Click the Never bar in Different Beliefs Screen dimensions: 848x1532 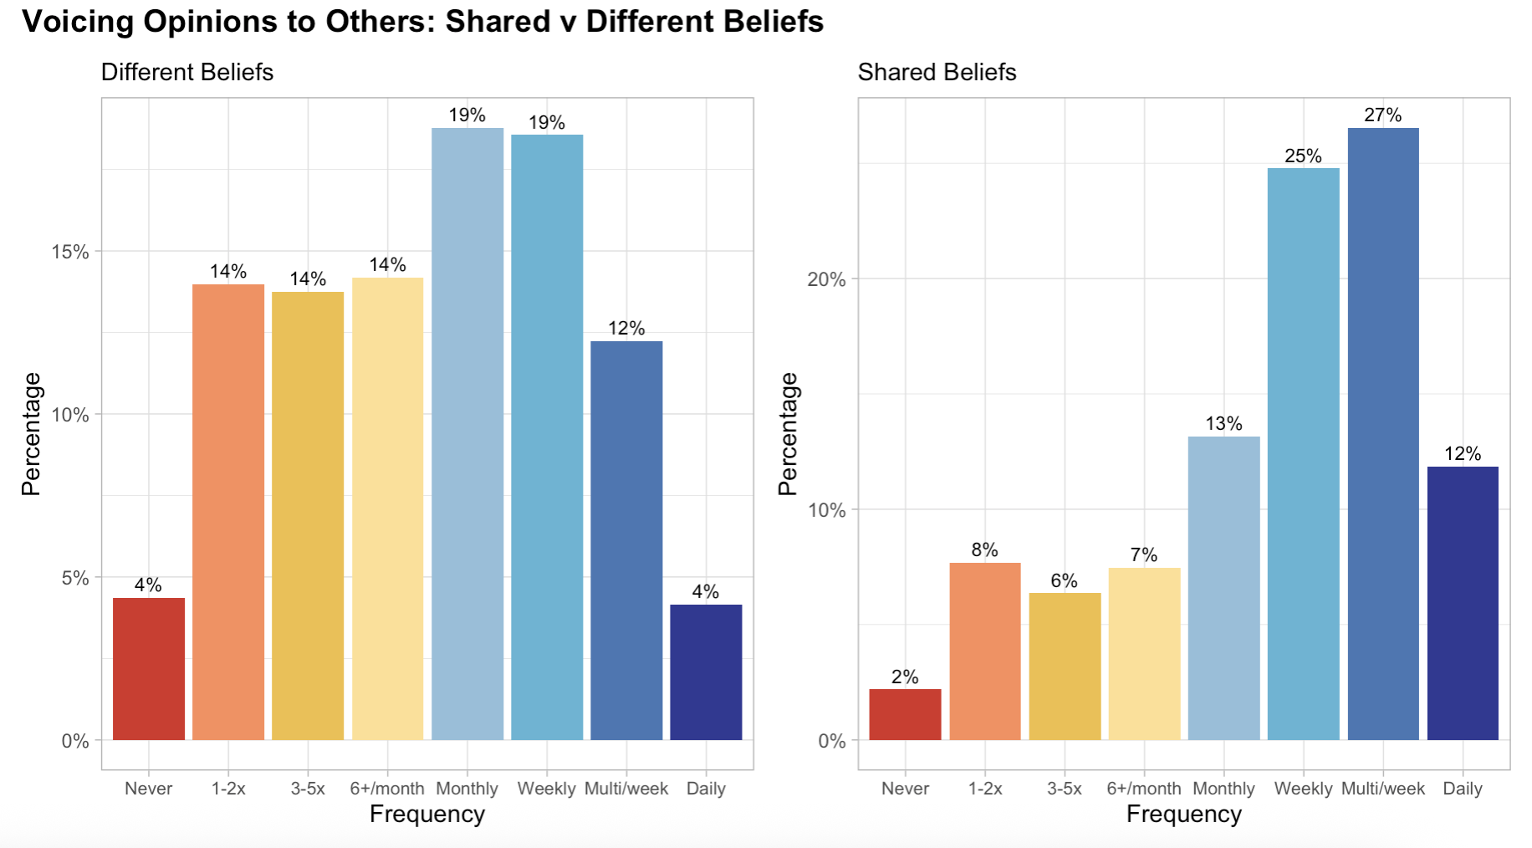(149, 668)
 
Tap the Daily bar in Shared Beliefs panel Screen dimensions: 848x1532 (1462, 602)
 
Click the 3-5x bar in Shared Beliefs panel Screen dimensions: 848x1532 (1065, 666)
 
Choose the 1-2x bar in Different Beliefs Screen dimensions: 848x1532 (228, 512)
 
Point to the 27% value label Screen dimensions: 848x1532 (1382, 115)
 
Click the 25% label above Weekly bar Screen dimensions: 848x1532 (1303, 156)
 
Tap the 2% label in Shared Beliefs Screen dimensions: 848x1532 (905, 677)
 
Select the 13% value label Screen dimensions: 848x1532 (1223, 424)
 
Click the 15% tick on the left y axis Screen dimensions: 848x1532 (70, 253)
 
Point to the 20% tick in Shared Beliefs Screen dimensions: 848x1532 (826, 279)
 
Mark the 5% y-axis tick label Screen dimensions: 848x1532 (74, 579)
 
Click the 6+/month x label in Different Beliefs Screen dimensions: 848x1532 (387, 789)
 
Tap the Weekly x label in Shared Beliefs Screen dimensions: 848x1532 (1303, 789)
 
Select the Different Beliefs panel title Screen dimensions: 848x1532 (187, 73)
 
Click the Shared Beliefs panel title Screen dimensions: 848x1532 (937, 73)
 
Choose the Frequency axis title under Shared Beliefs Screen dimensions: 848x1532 (1183, 815)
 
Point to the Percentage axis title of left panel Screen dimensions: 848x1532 (31, 433)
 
